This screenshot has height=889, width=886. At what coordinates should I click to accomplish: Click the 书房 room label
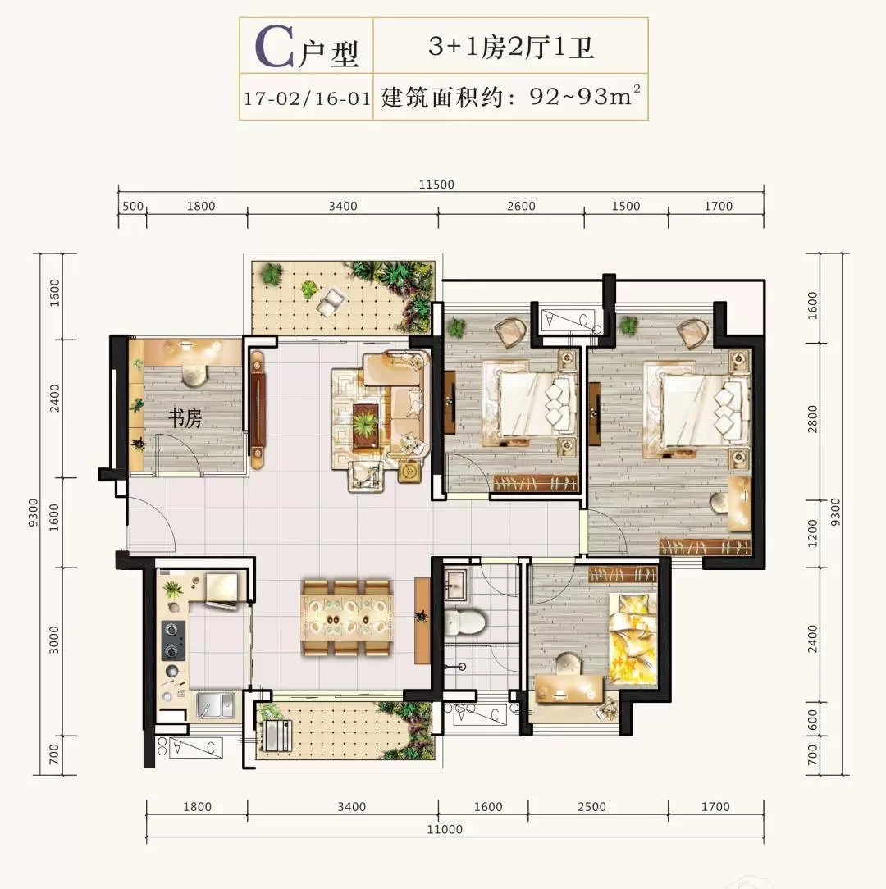(185, 418)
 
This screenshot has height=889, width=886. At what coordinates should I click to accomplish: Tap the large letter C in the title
(274, 46)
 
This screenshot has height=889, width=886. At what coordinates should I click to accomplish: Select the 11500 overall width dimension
(436, 185)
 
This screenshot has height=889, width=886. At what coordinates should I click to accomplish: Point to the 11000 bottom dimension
(445, 829)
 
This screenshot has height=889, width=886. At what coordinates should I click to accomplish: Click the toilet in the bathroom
(465, 621)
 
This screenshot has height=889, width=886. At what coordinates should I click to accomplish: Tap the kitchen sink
(215, 706)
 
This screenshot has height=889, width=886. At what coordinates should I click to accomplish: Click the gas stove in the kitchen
(174, 641)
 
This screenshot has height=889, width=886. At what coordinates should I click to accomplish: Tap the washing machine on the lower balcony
(275, 736)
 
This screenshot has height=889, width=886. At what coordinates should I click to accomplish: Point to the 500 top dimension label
(133, 207)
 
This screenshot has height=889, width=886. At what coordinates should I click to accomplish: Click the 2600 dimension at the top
(521, 207)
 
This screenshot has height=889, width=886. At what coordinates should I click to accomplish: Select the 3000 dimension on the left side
(54, 640)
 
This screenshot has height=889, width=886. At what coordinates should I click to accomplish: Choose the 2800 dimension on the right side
(812, 419)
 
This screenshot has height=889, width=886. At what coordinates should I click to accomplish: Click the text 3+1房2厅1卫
(511, 47)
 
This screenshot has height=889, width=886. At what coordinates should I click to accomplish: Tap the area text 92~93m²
(585, 96)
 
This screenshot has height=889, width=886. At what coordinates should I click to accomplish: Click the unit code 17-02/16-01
(307, 98)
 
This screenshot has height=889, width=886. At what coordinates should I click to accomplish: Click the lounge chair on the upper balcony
(331, 302)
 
